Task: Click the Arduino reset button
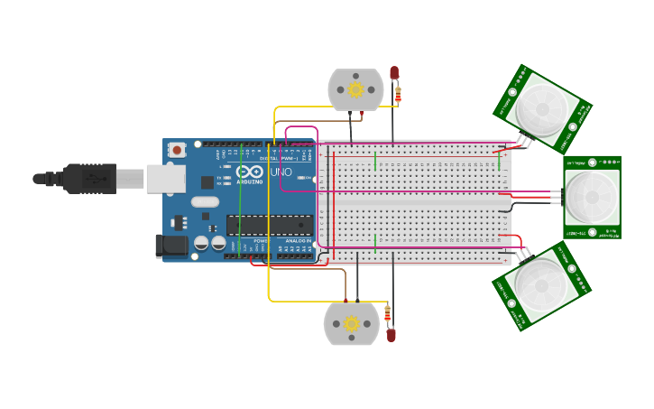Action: click(178, 150)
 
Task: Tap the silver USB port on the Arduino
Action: click(166, 179)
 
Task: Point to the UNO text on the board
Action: click(281, 172)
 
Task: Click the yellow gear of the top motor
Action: click(355, 89)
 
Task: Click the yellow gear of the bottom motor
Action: click(352, 323)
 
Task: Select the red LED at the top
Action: click(394, 72)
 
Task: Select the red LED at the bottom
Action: click(391, 335)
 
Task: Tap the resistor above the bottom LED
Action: click(388, 314)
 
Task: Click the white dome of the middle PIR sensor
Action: click(593, 196)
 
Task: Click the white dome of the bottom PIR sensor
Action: click(541, 287)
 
